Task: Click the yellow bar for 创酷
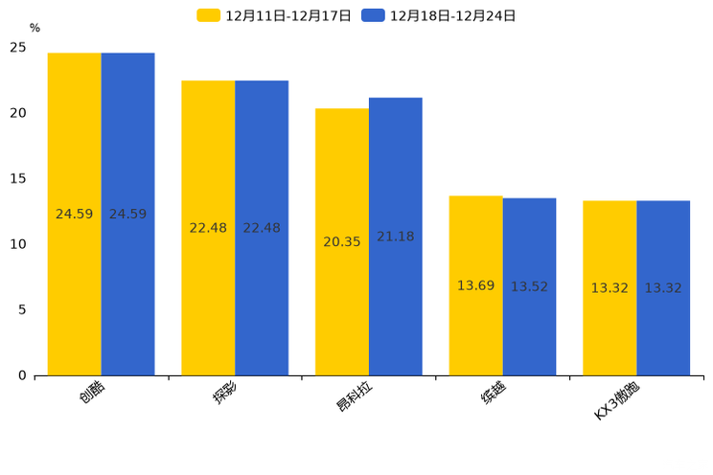click(x=74, y=144)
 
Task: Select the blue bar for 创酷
click(x=127, y=144)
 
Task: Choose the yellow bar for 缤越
click(x=475, y=239)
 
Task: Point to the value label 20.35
click(x=342, y=242)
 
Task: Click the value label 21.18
click(x=395, y=237)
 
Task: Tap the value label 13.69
click(x=475, y=286)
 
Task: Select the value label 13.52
click(x=529, y=287)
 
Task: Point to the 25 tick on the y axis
click(x=18, y=48)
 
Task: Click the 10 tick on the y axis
click(x=18, y=244)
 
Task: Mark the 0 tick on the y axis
click(x=22, y=375)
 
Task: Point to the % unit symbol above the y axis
click(x=34, y=29)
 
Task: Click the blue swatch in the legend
click(x=373, y=15)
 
